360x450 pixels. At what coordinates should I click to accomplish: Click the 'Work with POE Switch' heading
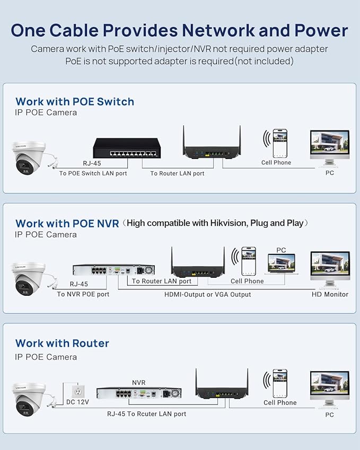point(75,102)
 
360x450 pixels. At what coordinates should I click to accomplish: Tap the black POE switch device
point(127,148)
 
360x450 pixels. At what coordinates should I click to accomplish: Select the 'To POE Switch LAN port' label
point(93,173)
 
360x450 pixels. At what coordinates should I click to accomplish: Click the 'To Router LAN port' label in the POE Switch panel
point(177,173)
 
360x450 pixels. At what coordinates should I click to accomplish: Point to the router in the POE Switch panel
point(212,144)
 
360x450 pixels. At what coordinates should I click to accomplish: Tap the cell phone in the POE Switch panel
point(279,143)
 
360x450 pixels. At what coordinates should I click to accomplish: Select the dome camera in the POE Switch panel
point(29,157)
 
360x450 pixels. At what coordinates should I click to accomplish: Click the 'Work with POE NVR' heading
point(67,224)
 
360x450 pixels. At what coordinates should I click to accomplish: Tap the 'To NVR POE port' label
point(83,294)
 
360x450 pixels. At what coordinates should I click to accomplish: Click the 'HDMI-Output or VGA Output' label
point(207,295)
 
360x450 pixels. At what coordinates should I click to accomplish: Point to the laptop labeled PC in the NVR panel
point(282,264)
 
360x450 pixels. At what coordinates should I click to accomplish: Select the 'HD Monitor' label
point(330,294)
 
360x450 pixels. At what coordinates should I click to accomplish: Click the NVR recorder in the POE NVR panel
point(113,270)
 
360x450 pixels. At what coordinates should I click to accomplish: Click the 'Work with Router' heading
point(62,343)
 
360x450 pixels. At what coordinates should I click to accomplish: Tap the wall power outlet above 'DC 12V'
point(77,391)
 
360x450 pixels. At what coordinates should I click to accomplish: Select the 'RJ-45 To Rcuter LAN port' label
point(146,414)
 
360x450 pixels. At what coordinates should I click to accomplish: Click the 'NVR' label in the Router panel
point(139,383)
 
